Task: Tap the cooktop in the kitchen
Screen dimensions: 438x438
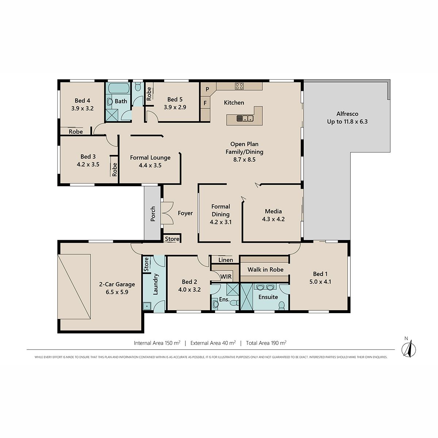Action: [x=239, y=86]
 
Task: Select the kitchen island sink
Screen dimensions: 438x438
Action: [x=245, y=118]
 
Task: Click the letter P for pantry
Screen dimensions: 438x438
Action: [x=207, y=89]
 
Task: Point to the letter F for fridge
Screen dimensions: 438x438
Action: [x=205, y=103]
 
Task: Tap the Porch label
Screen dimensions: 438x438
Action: [x=153, y=214]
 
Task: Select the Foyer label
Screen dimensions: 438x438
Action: [x=185, y=213]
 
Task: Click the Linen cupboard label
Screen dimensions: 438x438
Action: [x=226, y=260]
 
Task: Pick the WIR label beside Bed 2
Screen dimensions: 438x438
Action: [x=226, y=276]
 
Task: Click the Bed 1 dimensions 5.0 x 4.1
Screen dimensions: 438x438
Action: [x=320, y=282]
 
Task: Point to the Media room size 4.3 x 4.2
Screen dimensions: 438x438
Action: [x=273, y=219]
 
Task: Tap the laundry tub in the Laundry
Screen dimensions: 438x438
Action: [x=147, y=306]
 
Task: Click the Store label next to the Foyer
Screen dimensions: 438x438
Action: [x=172, y=239]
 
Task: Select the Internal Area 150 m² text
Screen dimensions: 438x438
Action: [x=157, y=343]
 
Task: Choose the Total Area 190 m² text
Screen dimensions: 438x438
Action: [x=266, y=343]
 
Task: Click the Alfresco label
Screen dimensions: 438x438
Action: [x=347, y=114]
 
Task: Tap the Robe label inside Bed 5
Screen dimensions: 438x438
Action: [x=149, y=94]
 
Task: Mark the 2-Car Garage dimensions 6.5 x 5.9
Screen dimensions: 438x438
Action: [x=117, y=292]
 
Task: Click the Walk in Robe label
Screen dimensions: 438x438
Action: [x=265, y=270]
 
